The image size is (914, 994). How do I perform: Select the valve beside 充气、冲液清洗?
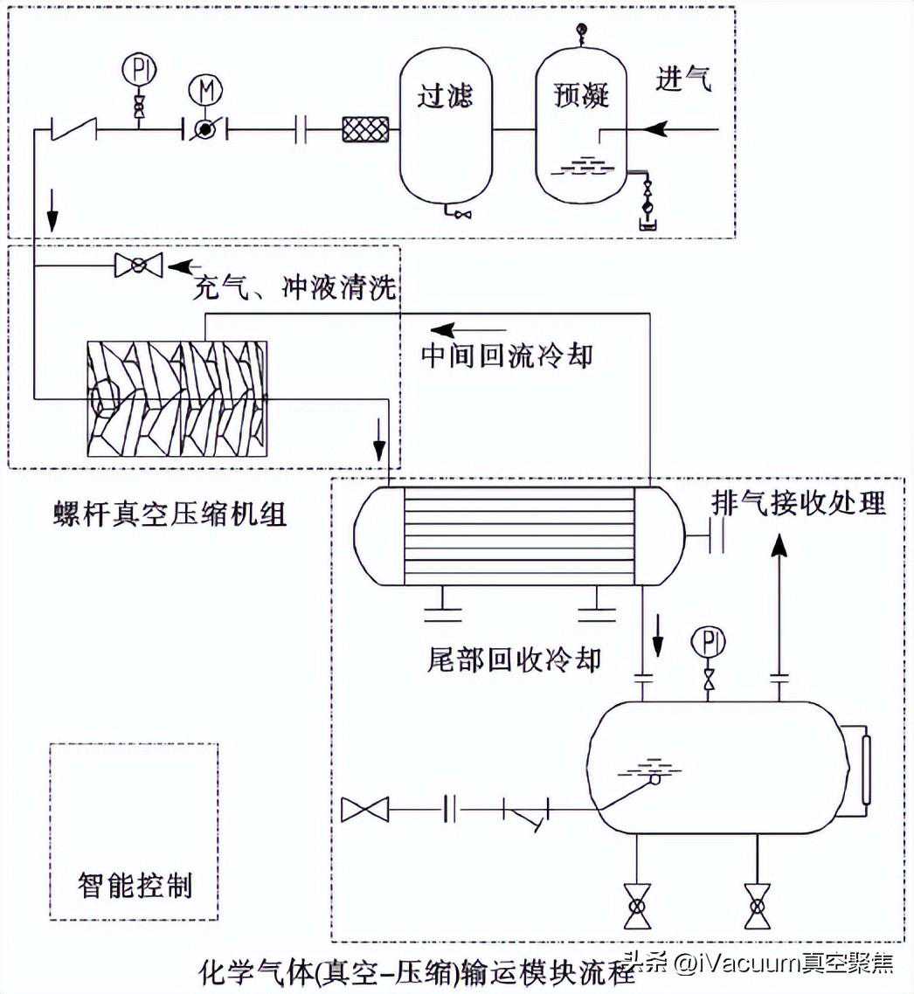tap(139, 264)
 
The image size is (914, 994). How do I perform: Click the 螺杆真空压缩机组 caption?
tap(170, 514)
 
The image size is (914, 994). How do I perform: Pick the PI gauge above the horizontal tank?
tap(709, 643)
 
